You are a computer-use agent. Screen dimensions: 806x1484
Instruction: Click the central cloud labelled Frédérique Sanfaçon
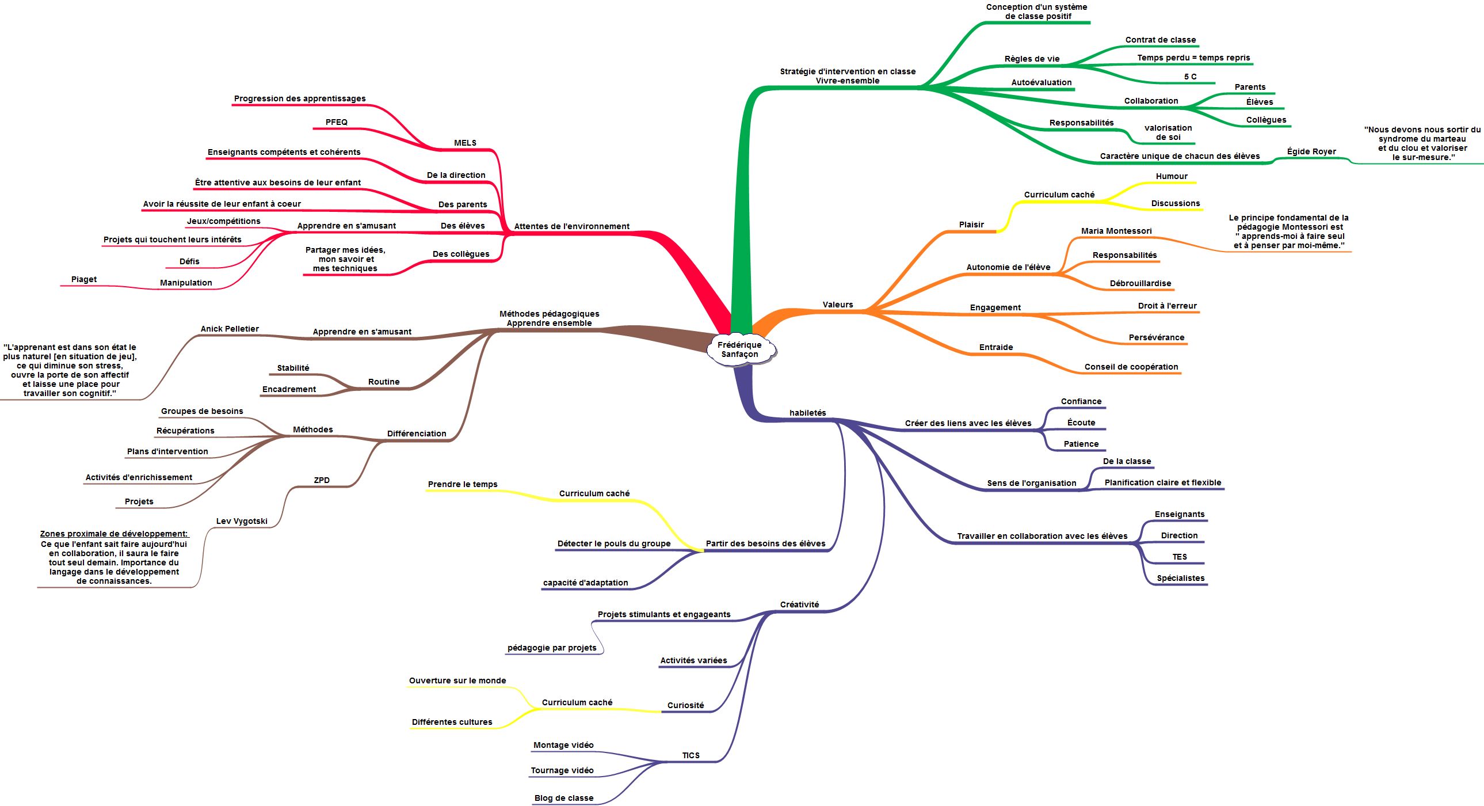point(739,349)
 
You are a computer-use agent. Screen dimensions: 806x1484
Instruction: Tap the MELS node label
point(465,143)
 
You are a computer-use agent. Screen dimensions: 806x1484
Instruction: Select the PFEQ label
point(337,122)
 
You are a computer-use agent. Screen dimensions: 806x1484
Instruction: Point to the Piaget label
point(84,280)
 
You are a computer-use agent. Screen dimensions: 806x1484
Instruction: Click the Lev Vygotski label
point(242,521)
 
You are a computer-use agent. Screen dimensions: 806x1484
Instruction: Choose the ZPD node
point(322,480)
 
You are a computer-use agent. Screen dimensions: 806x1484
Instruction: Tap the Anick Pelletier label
point(229,329)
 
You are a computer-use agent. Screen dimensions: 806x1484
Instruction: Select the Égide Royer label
point(1311,151)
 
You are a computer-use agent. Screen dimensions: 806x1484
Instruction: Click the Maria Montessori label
point(1116,231)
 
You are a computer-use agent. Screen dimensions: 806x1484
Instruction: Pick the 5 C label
point(1190,77)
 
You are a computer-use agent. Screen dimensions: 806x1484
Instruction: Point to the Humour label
point(1171,176)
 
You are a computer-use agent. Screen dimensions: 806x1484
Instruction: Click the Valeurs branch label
point(838,305)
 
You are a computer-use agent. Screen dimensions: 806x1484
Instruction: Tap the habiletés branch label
point(808,413)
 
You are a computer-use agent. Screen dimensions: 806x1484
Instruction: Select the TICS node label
point(691,755)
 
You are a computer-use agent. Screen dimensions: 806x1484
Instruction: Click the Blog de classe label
point(563,798)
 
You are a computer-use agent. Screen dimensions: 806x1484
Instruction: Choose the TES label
point(1179,557)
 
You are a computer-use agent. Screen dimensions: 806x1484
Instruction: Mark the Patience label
point(1081,444)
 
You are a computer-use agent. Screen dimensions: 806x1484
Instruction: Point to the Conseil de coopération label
point(1131,367)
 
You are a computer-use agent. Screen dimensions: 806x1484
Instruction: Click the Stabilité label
point(293,368)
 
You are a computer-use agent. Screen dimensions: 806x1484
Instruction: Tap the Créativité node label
point(799,604)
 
